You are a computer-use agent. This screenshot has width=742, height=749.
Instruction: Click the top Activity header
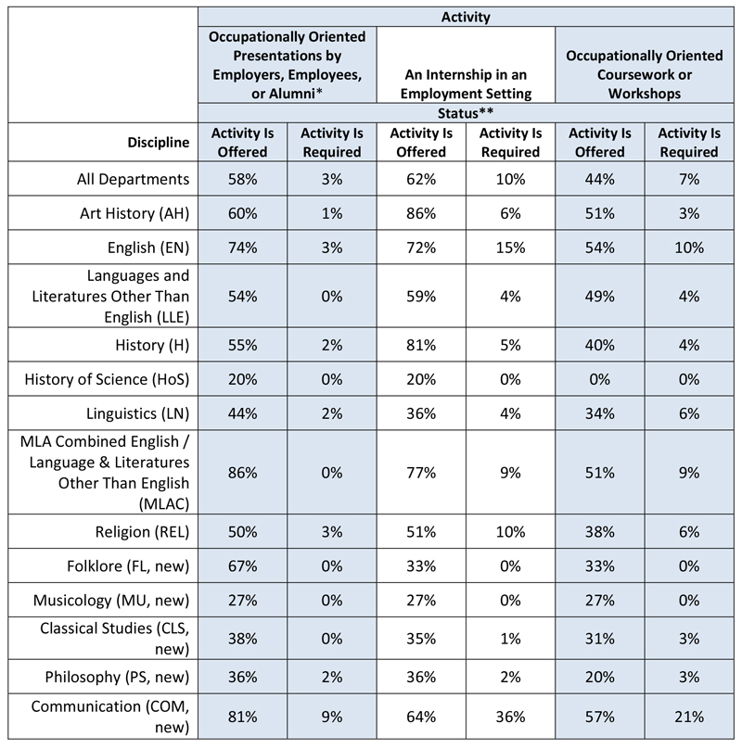pyautogui.click(x=466, y=18)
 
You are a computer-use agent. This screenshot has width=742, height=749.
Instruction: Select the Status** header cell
pyautogui.click(x=466, y=114)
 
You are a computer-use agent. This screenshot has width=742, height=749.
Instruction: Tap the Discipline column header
pyautogui.click(x=159, y=143)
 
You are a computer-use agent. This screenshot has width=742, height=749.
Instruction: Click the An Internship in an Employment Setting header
pyautogui.click(x=466, y=84)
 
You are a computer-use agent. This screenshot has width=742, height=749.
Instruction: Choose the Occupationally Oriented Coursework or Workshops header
pyautogui.click(x=645, y=74)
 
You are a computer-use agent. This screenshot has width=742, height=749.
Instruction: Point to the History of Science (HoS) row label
pyautogui.click(x=107, y=379)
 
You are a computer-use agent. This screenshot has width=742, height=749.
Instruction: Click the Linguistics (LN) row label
pyautogui.click(x=137, y=413)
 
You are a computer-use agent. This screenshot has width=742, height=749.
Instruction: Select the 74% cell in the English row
pyautogui.click(x=242, y=248)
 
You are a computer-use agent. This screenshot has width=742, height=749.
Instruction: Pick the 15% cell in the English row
pyautogui.click(x=510, y=248)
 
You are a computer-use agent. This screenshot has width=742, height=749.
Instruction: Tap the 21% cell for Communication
pyautogui.click(x=689, y=717)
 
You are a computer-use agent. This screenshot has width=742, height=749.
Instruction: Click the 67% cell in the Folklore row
pyautogui.click(x=242, y=566)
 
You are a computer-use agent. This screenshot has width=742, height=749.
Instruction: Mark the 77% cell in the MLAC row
pyautogui.click(x=421, y=473)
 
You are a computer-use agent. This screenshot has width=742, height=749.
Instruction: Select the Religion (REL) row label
pyautogui.click(x=142, y=532)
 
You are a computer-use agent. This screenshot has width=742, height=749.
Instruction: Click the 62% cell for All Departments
pyautogui.click(x=421, y=179)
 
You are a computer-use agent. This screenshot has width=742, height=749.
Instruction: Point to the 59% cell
pyautogui.click(x=421, y=297)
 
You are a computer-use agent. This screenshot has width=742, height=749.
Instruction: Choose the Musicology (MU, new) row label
pyautogui.click(x=111, y=601)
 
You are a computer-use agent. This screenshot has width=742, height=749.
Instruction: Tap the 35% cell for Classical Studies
pyautogui.click(x=421, y=639)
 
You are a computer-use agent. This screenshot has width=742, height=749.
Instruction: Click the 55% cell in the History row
pyautogui.click(x=242, y=346)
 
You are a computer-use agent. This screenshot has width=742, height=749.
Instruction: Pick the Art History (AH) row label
pyautogui.click(x=134, y=213)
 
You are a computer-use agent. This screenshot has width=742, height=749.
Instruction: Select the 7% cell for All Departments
pyautogui.click(x=689, y=179)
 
